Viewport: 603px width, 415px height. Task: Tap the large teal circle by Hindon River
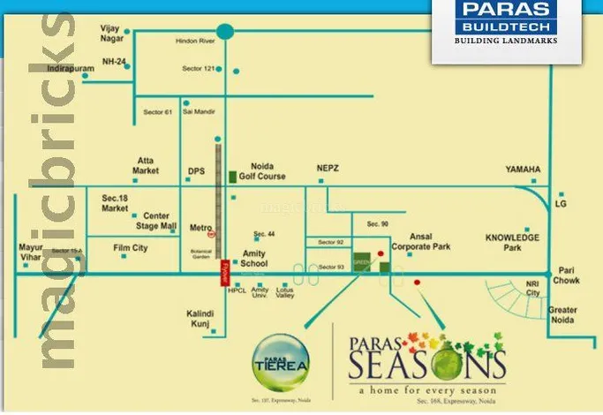point(226,31)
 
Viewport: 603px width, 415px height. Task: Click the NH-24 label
point(113,60)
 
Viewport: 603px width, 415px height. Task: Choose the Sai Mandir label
point(200,112)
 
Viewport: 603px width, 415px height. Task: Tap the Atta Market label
point(146,165)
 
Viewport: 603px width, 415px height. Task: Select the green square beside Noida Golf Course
point(232,177)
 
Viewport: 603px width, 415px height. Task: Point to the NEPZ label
point(328,168)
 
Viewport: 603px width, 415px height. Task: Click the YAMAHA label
point(523,169)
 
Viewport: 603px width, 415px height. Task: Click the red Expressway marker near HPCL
point(223,270)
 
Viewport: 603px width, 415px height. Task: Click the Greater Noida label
point(562,315)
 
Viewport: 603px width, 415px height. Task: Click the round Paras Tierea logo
point(278,355)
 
